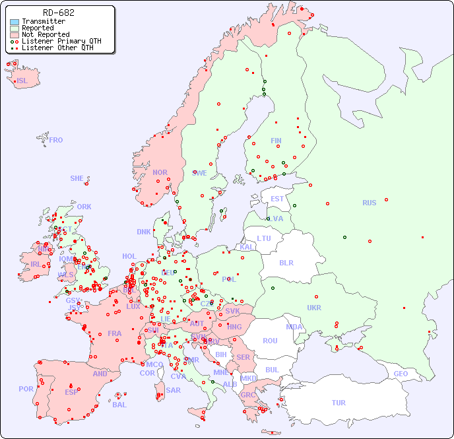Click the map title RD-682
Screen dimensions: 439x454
(x=58, y=13)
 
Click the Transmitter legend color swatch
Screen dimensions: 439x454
(x=15, y=22)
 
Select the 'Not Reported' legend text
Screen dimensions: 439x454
(x=45, y=34)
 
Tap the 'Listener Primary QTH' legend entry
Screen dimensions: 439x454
(x=61, y=41)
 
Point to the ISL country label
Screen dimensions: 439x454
(x=22, y=81)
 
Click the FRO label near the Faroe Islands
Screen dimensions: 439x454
(x=56, y=140)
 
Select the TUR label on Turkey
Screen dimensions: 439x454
(x=339, y=403)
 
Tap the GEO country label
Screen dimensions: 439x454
(x=401, y=374)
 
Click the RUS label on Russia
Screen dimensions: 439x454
(x=369, y=203)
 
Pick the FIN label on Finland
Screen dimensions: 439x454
(x=276, y=141)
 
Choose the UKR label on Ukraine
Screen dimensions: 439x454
(x=314, y=308)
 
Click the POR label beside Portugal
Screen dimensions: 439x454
(x=26, y=389)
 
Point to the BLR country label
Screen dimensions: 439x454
(x=286, y=262)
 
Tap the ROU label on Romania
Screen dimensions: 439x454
(x=270, y=341)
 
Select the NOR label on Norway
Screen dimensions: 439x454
(x=160, y=172)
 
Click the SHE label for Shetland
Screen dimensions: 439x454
(x=77, y=178)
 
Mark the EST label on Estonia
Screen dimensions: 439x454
(x=277, y=199)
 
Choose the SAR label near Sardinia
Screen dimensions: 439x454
(x=174, y=390)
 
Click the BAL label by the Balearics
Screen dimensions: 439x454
(x=119, y=405)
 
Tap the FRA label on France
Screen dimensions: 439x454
(x=115, y=333)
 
